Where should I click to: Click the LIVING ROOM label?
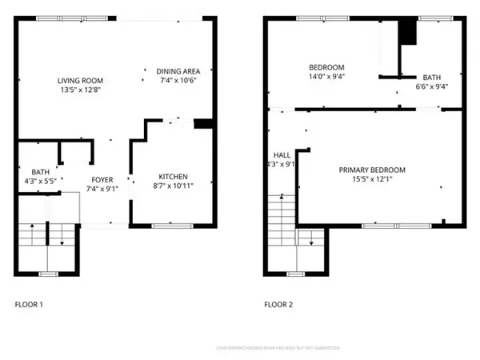[81, 80]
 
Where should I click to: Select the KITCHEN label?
[173, 176]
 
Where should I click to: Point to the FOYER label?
[102, 180]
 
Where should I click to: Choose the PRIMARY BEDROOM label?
[372, 170]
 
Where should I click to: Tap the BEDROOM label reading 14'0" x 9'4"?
[326, 66]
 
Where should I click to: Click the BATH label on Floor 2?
[431, 77]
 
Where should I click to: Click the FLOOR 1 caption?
[30, 304]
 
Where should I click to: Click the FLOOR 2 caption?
[279, 304]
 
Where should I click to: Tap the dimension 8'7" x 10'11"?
[173, 186]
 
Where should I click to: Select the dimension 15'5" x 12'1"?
[372, 179]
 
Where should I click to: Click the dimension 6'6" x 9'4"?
[431, 86]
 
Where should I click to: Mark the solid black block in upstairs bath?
[408, 33]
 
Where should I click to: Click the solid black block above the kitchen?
[203, 123]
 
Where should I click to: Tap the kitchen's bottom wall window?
[166, 226]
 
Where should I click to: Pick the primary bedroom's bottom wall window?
[380, 226]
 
